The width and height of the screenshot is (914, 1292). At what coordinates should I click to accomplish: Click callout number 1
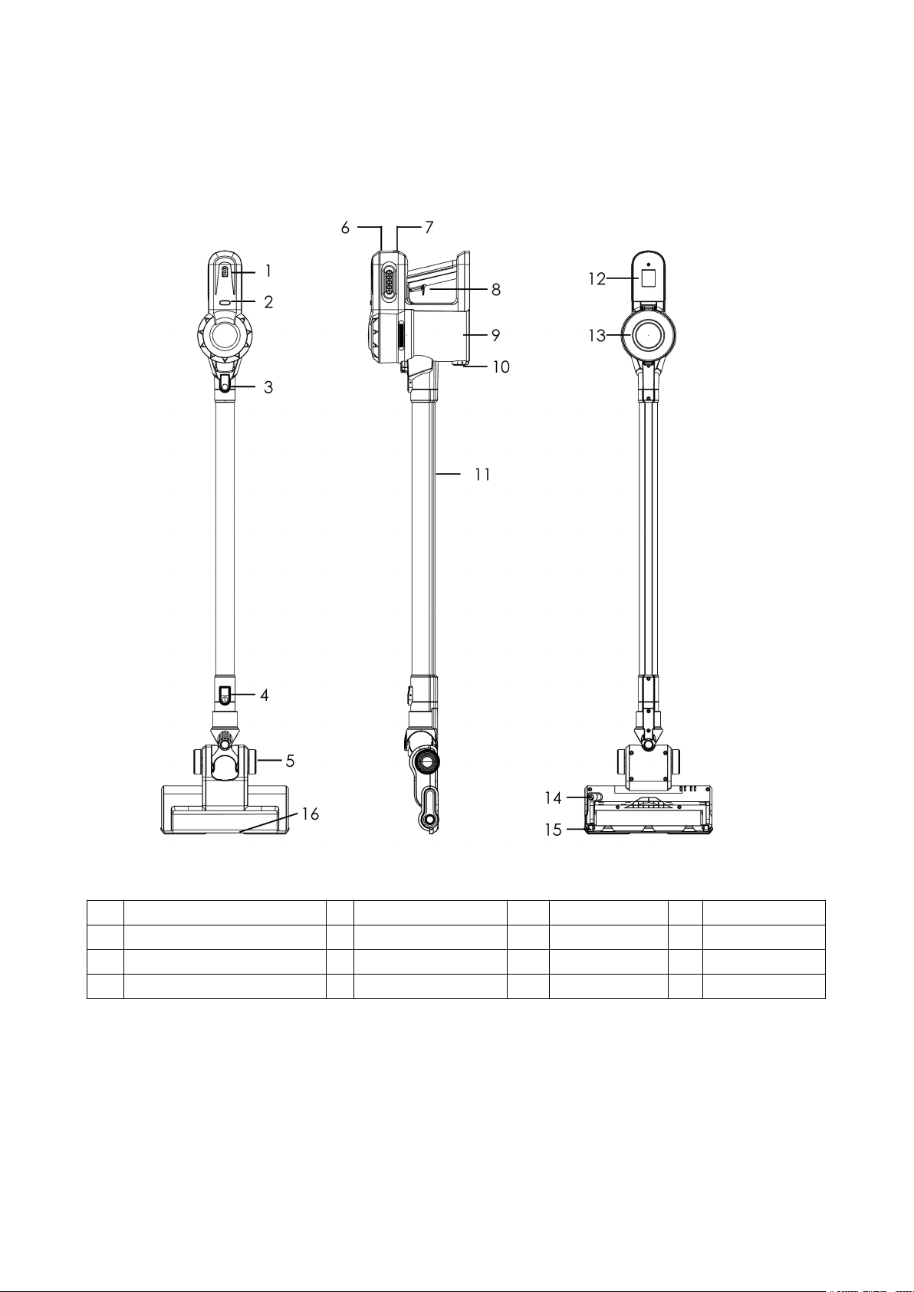click(268, 271)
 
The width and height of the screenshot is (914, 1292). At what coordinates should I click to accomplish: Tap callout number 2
click(268, 301)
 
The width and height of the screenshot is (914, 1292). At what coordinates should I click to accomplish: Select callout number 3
click(268, 387)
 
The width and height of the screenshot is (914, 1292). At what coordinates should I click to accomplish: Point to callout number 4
click(264, 695)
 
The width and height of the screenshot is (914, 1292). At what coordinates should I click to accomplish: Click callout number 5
click(290, 761)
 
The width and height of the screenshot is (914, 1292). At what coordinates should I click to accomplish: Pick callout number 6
click(345, 228)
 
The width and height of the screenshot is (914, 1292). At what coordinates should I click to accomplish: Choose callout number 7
click(429, 228)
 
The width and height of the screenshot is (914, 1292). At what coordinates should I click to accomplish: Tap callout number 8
click(496, 290)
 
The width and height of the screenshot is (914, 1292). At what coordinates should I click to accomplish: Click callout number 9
click(496, 335)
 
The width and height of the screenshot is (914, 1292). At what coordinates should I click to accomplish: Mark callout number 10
click(501, 367)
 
